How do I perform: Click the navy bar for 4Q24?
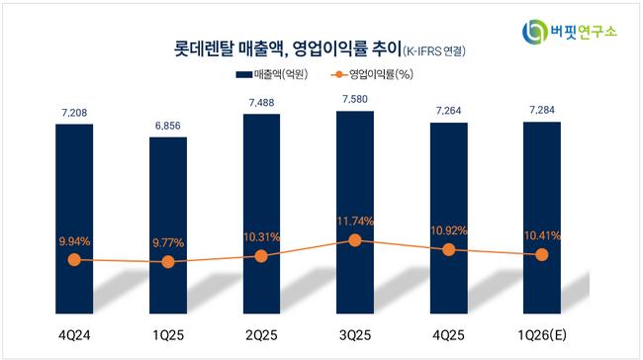pos(74,219)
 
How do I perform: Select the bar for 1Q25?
pos(168,225)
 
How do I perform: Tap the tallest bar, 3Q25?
pos(355,213)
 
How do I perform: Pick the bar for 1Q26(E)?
pos(542,218)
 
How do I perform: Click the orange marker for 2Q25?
pos(261,256)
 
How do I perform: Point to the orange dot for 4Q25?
pos(449,249)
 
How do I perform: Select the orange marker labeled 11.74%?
pos(355,240)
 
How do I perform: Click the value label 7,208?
pos(74,113)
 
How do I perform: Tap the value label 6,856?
pos(168,126)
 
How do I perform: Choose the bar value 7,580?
pos(355,99)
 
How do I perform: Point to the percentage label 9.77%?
pos(168,242)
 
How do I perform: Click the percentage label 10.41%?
pos(542,235)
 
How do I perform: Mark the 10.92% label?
pos(449,230)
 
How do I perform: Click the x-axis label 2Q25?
pos(261,335)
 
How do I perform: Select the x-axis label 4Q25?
pos(449,335)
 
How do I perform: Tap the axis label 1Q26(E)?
pos(542,335)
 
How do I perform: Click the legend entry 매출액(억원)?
pos(271,74)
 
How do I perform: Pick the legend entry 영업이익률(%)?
pos(372,74)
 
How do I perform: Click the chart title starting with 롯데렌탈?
pos(320,49)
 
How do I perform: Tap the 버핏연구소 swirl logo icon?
pos(535,32)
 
